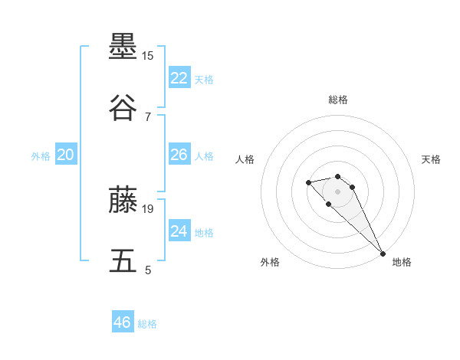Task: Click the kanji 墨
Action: [x=123, y=47]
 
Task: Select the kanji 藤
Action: [x=123, y=199]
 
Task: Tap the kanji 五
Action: [x=123, y=260]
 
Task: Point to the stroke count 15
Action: [x=148, y=56]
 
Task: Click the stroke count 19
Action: [x=148, y=208]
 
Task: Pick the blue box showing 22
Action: [x=179, y=77]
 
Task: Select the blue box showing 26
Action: [x=179, y=155]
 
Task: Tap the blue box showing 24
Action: [x=179, y=231]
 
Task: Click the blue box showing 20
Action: [x=66, y=155]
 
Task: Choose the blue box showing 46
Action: [x=123, y=322]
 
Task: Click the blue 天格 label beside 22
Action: [x=204, y=79]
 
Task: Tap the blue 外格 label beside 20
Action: [x=41, y=155]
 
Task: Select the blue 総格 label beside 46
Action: [x=147, y=324]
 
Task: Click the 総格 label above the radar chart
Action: [x=338, y=100]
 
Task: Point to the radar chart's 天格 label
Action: [x=431, y=159]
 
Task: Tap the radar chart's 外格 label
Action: [x=270, y=262]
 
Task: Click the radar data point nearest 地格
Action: [x=383, y=254]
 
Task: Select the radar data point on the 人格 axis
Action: [x=308, y=182]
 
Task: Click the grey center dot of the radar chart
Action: [x=338, y=191]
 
